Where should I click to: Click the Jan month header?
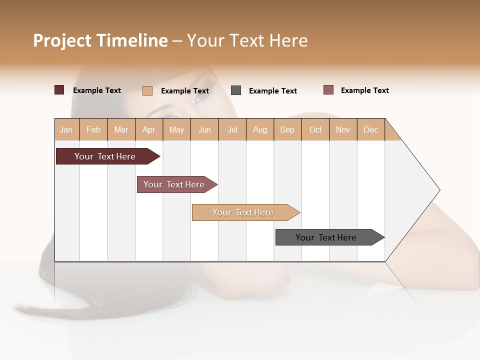tap(66, 129)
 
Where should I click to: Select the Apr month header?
tap(148, 129)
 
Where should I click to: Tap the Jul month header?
tap(232, 129)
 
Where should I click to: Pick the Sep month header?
tap(287, 129)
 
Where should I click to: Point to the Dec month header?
tap(370, 129)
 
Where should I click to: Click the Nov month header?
tap(342, 129)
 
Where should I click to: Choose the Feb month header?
tap(93, 129)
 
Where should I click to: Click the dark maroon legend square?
tap(59, 90)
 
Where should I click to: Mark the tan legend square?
tap(147, 90)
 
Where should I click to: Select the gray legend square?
tap(236, 90)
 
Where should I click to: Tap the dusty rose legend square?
tap(328, 90)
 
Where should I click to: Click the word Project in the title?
tap(62, 40)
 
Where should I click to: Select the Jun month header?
tap(204, 129)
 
